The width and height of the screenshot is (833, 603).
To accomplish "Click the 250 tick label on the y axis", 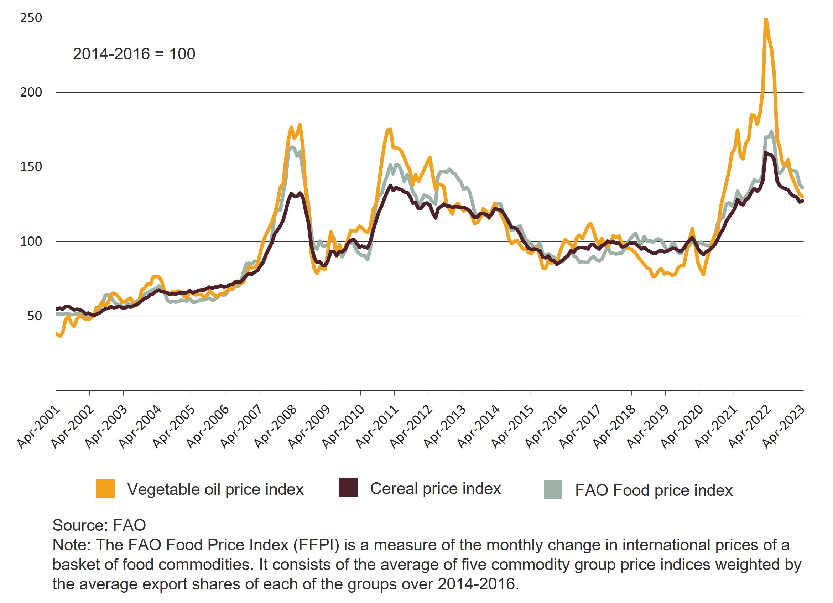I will point(31,17).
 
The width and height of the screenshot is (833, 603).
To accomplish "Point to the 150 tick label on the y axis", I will point(31,167).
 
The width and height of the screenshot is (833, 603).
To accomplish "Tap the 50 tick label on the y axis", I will point(35,316).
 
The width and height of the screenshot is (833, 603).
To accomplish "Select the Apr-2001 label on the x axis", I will point(39,426).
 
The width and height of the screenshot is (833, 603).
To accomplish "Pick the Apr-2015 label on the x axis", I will point(513,426).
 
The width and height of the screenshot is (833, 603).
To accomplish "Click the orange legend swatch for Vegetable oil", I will point(105,489).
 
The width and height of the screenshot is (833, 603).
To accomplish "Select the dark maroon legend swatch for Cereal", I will point(348,488).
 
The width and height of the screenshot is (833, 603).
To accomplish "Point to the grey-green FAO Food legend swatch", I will point(553,489).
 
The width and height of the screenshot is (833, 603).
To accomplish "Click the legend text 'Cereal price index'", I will point(435,488).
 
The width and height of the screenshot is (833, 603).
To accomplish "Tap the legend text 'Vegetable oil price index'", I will point(215,489).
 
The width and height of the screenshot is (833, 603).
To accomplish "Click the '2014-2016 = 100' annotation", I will point(134,54).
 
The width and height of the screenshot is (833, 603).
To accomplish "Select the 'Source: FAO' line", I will point(99,525).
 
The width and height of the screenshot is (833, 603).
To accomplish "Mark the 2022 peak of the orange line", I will point(766,19).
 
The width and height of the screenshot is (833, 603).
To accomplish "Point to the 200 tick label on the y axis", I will point(31,92).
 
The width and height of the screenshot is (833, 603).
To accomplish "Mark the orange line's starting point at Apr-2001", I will point(56,333).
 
